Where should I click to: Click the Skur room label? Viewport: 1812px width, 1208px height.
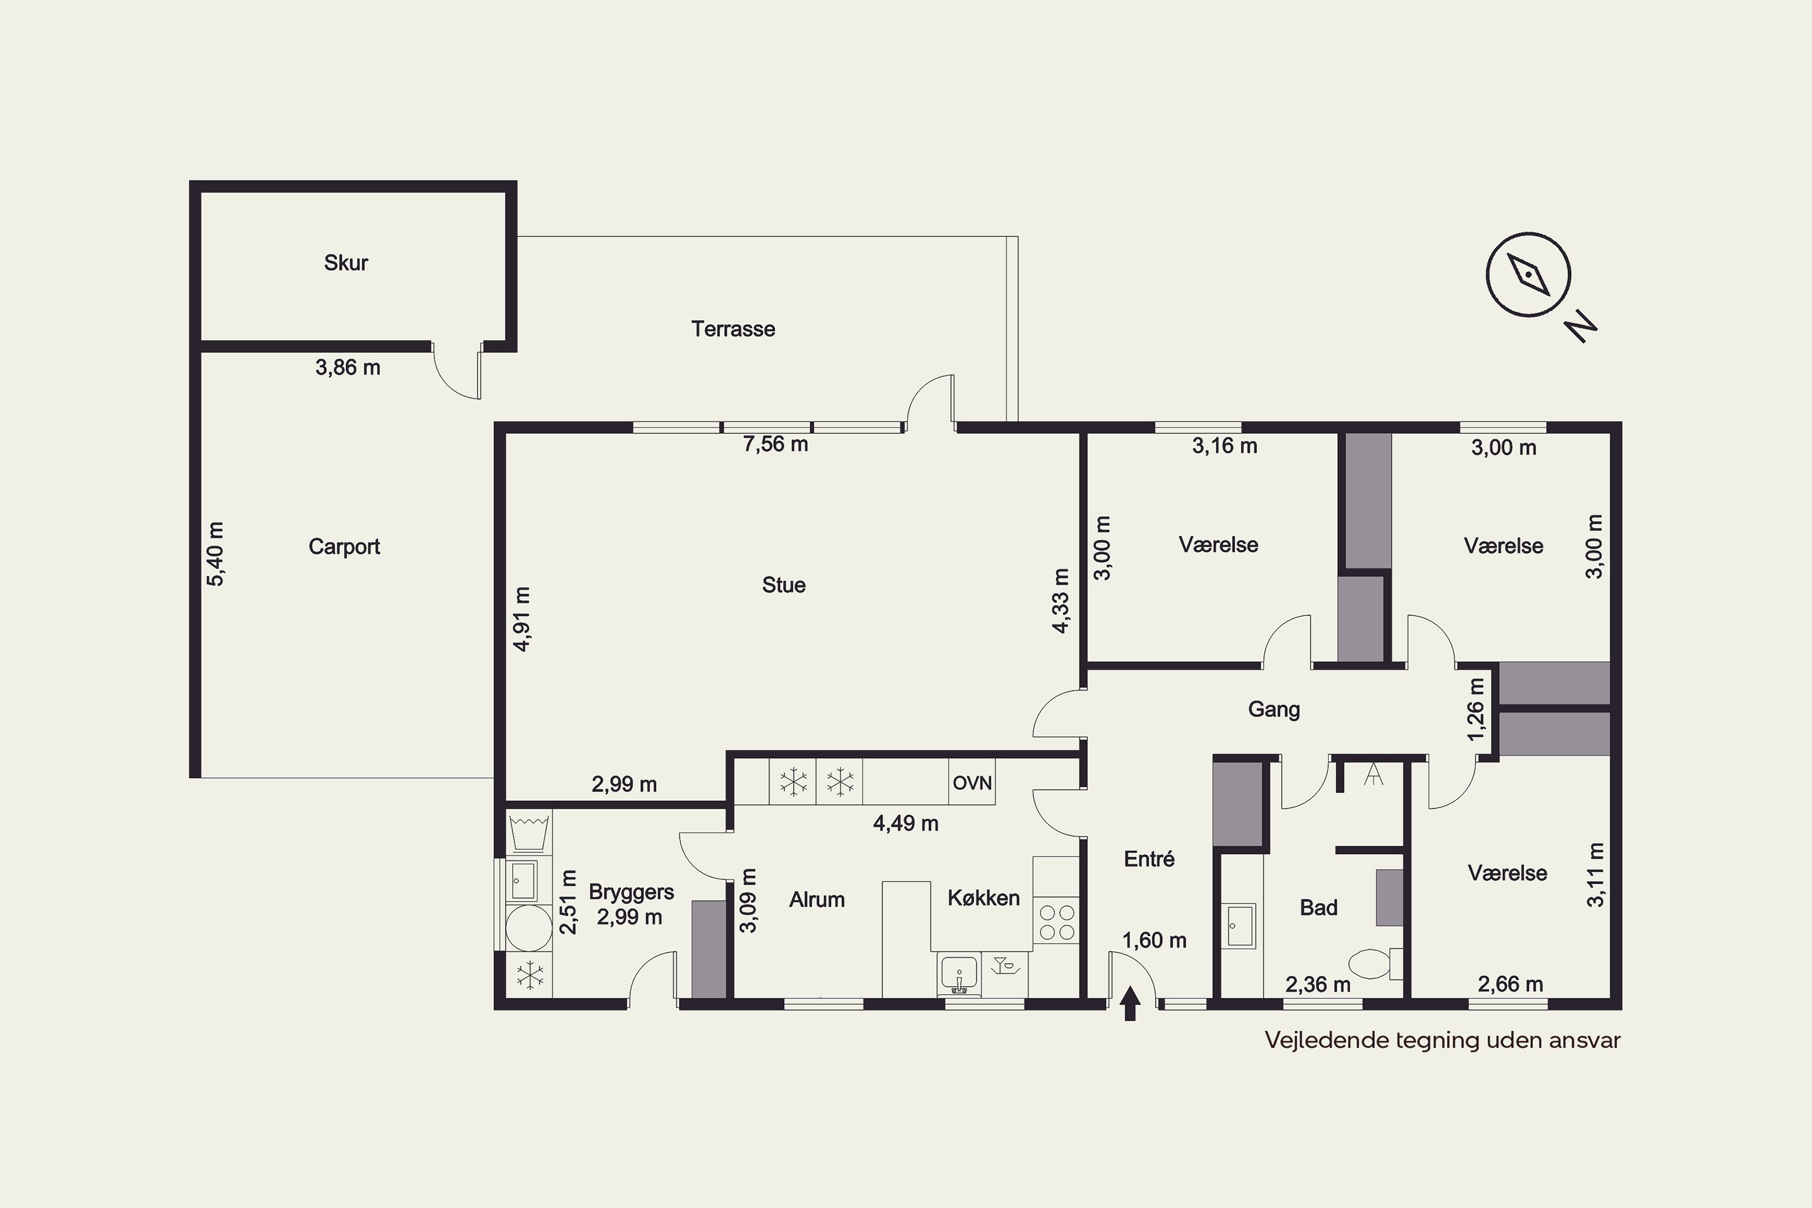tap(346, 263)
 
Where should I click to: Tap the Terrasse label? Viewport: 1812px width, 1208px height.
tap(733, 329)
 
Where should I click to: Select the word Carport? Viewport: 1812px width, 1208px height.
tap(344, 547)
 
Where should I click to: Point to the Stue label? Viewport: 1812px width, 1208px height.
tap(783, 585)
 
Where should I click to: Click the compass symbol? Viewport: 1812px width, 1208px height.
tap(1528, 275)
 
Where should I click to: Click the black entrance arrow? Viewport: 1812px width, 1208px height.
tap(1130, 1004)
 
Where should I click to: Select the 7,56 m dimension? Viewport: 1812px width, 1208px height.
tap(775, 444)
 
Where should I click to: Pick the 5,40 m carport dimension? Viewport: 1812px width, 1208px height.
tap(216, 554)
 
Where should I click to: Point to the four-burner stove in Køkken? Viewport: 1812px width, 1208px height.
tap(1057, 922)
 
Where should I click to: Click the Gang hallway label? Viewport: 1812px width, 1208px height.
tap(1273, 710)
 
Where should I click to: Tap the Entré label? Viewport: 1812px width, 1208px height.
tap(1149, 858)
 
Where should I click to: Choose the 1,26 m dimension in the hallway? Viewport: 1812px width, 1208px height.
tap(1476, 708)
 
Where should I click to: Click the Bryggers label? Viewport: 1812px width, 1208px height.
tap(631, 892)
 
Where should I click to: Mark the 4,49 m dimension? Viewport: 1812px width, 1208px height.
tap(905, 824)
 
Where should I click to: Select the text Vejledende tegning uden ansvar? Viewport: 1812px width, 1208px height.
tap(1442, 1041)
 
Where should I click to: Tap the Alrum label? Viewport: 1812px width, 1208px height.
tap(817, 899)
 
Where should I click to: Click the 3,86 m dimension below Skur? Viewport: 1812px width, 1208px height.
tap(347, 367)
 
